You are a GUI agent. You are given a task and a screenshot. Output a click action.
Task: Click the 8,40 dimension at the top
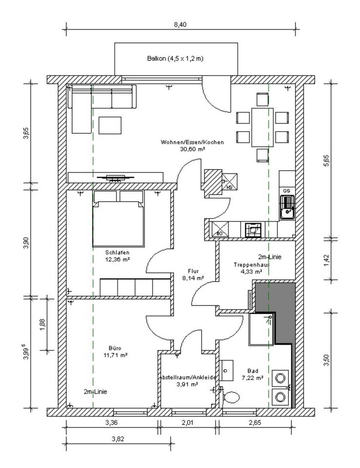pos(180,24)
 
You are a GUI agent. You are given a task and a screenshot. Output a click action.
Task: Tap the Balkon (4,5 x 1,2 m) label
pos(175,58)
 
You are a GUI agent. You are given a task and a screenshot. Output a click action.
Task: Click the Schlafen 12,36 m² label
pos(117,256)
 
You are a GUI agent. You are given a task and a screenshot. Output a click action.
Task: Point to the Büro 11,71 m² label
pos(115,351)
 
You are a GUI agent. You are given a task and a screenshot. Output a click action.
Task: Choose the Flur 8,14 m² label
pos(193,274)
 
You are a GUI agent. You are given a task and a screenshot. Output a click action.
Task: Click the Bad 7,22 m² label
pos(252,374)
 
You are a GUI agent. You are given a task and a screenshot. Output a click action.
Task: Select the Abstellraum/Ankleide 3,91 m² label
pos(188,381)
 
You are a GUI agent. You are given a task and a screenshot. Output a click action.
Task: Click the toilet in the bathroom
pos(230,397)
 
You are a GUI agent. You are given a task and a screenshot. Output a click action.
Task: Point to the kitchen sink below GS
pos(287,207)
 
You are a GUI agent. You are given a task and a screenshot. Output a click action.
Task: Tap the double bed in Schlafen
pos(118,219)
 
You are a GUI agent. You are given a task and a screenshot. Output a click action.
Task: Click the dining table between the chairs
pos(263,127)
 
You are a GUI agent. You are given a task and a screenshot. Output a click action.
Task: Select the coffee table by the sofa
pos(110,125)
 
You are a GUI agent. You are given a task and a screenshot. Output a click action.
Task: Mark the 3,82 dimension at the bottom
pos(118,439)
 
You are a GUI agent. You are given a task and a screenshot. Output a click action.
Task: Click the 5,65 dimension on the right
pos(326,160)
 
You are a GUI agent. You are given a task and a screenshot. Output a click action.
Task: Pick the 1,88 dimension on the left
pos(42,324)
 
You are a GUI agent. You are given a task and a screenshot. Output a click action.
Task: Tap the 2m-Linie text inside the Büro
pos(95,391)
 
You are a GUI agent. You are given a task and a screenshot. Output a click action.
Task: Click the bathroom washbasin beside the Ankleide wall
pos(227,370)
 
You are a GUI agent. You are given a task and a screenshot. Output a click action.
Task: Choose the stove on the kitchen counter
pos(253,230)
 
